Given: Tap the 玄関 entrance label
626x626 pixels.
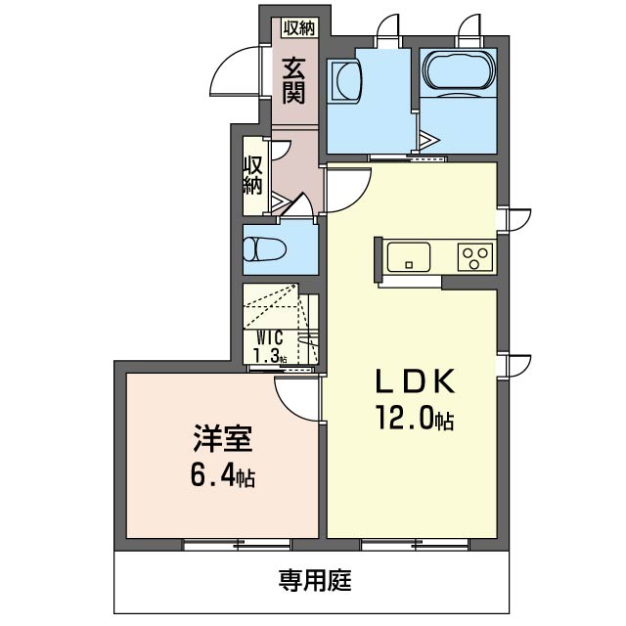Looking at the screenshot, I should point(294,81).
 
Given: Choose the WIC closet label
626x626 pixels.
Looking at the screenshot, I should point(271,337).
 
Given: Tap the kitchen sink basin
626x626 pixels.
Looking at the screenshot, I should point(407,257).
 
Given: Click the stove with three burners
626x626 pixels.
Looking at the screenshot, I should point(475,256).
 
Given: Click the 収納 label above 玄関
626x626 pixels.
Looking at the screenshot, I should point(297,28).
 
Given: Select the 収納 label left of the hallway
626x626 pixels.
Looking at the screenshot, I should point(252,174).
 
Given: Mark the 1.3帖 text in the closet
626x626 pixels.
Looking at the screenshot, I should point(271,356).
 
